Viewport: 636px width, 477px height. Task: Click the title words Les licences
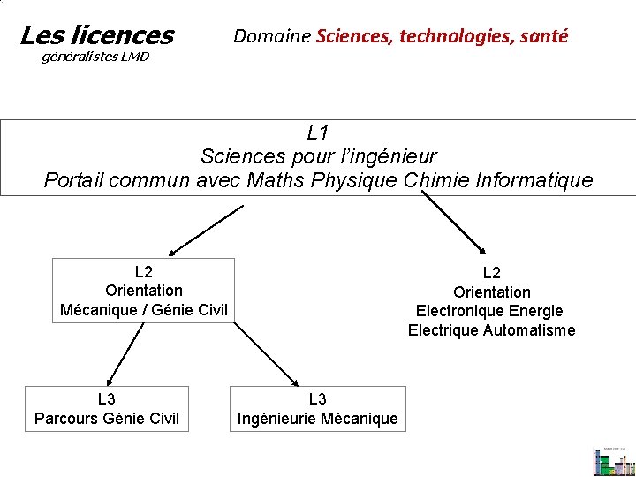[96, 35]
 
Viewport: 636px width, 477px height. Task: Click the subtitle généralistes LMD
[96, 57]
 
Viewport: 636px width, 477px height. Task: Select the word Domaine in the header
[271, 36]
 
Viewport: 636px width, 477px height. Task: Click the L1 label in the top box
[318, 133]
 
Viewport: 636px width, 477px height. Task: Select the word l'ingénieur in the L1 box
[382, 157]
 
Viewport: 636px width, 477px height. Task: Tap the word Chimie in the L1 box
[435, 181]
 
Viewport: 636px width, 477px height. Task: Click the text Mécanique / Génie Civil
[144, 309]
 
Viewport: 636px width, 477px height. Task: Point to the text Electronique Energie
[489, 311]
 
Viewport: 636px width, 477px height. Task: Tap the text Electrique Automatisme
[491, 330]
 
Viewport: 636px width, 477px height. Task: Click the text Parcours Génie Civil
[106, 418]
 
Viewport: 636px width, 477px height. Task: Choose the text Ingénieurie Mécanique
[318, 418]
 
